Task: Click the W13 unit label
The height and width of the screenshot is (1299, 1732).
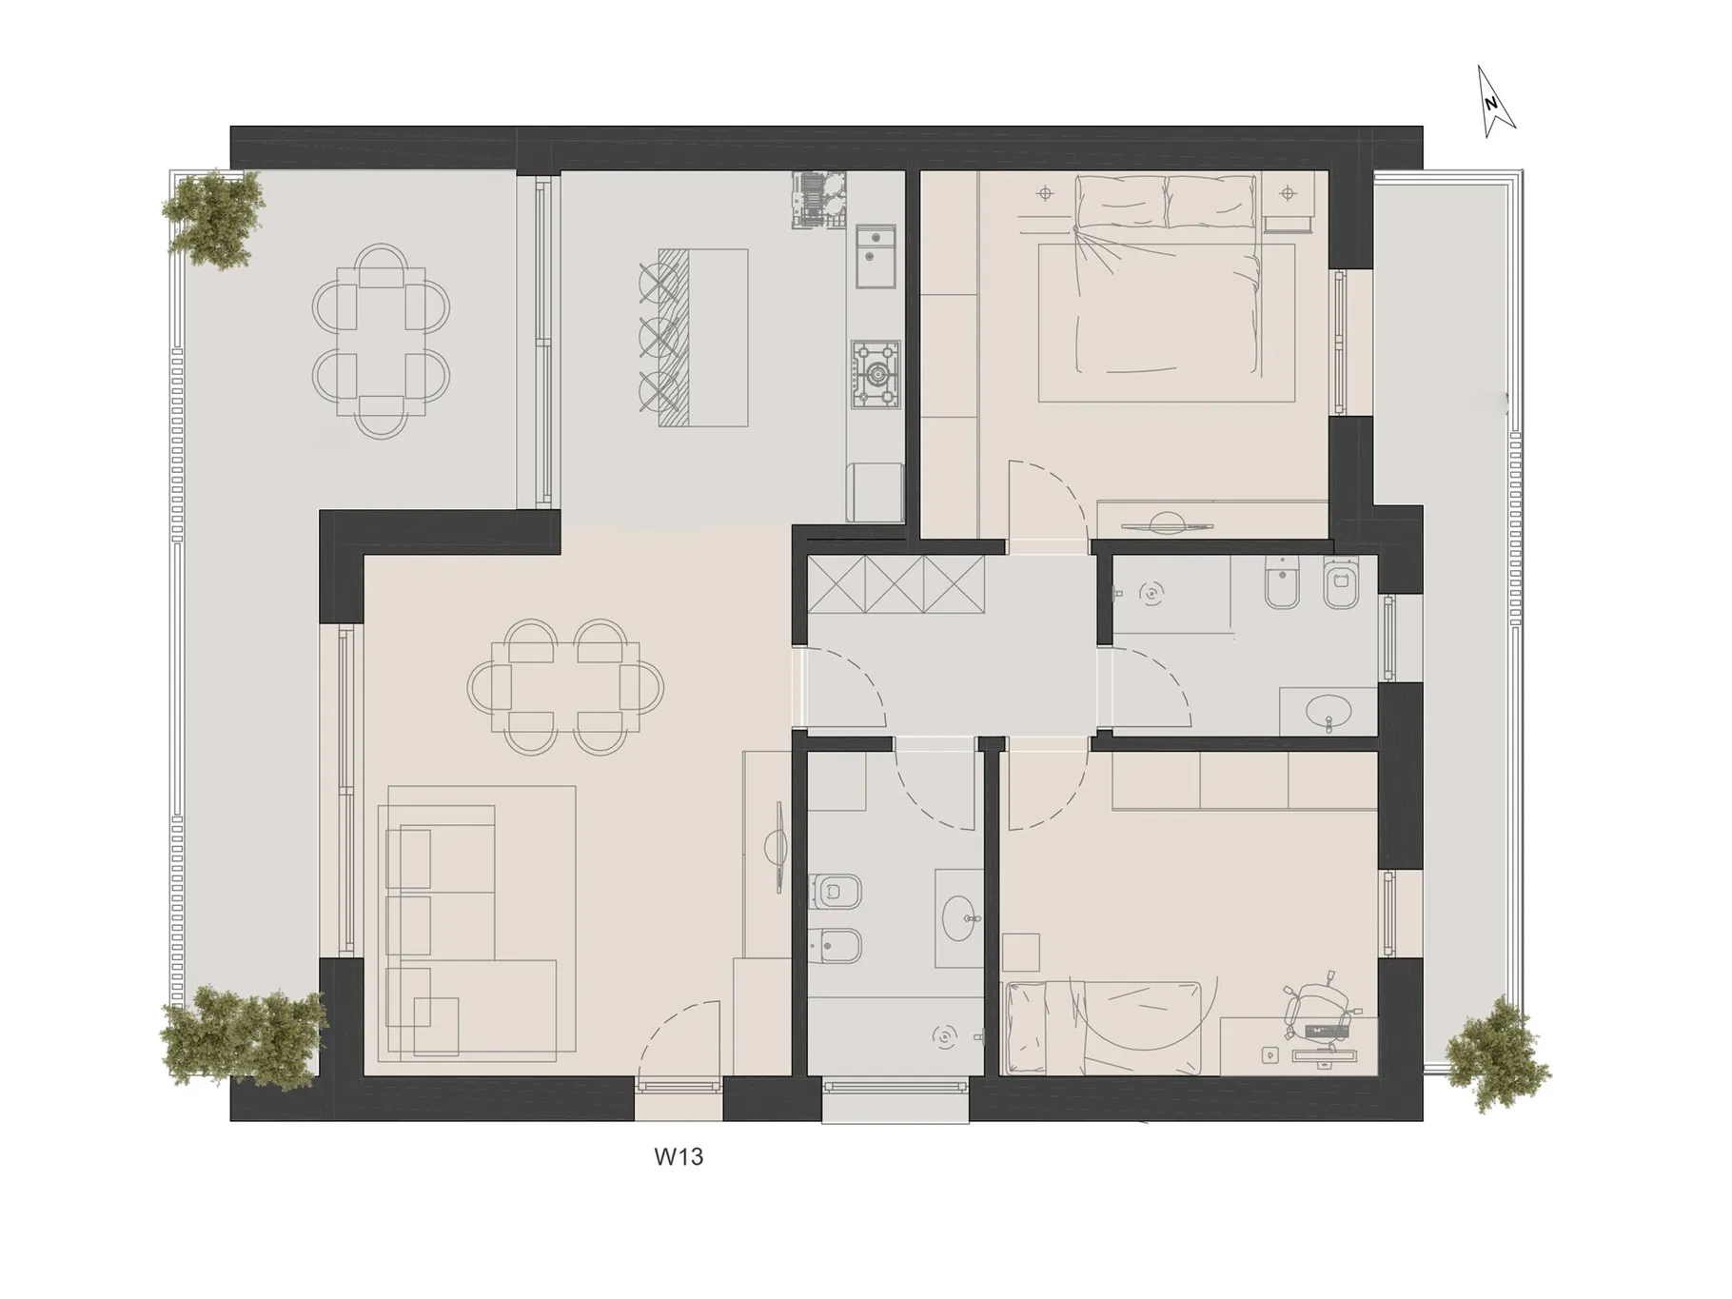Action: tap(679, 1157)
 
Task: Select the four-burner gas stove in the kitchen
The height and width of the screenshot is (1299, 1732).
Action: tap(876, 376)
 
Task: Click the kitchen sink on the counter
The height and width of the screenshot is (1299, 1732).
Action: tap(876, 256)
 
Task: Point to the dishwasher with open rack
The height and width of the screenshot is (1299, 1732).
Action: tap(817, 199)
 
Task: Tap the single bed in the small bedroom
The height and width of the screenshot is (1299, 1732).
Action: tap(1103, 1028)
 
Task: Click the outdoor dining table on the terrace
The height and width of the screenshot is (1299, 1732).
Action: tap(381, 341)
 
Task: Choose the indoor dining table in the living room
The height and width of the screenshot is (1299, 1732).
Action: tap(565, 687)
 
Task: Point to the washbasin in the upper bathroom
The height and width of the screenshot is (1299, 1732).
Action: tap(1329, 711)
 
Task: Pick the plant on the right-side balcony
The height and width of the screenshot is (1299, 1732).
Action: tap(1496, 1053)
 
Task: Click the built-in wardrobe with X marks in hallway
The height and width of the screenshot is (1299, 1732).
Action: tap(896, 583)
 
